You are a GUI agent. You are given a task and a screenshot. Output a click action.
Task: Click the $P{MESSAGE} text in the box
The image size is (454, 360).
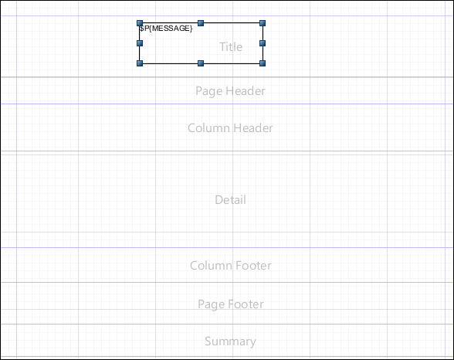click(x=165, y=29)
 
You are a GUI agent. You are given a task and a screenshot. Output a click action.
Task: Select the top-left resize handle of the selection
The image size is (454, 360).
click(x=140, y=23)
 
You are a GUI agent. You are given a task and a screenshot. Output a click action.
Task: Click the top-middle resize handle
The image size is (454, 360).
click(x=201, y=23)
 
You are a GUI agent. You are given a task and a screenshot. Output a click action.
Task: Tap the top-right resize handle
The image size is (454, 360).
click(x=263, y=23)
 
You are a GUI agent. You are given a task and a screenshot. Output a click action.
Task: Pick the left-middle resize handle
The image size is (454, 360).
click(x=140, y=43)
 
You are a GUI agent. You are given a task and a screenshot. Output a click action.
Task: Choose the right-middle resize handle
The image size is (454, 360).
click(x=263, y=43)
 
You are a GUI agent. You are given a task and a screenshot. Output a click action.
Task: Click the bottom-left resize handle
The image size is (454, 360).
click(x=140, y=63)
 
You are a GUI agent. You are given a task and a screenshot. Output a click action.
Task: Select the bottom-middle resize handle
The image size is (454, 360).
click(x=201, y=63)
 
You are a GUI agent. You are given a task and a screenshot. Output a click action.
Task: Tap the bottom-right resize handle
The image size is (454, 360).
click(x=263, y=63)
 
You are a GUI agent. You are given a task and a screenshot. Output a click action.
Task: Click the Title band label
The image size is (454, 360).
click(x=231, y=47)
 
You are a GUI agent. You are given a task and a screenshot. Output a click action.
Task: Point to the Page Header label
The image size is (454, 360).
click(x=230, y=91)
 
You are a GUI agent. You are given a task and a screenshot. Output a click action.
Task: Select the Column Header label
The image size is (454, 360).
click(x=230, y=128)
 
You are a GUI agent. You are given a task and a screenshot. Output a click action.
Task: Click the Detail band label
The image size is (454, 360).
click(x=230, y=200)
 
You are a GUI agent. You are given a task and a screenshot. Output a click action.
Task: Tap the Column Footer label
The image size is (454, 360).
click(x=231, y=266)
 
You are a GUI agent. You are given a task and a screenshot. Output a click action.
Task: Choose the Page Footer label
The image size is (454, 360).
click(x=231, y=304)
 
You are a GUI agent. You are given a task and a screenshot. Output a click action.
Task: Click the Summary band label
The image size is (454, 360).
click(x=230, y=341)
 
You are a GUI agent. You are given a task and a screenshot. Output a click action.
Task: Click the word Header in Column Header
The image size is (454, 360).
click(x=252, y=128)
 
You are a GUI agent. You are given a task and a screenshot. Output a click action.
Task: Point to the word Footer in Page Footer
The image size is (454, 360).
click(x=246, y=304)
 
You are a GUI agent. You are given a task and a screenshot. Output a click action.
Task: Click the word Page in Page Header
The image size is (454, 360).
click(x=208, y=91)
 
